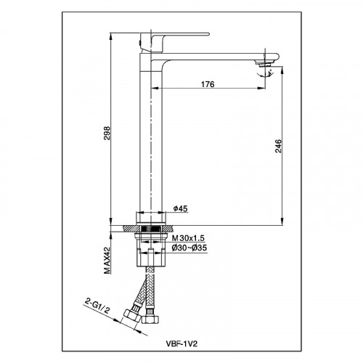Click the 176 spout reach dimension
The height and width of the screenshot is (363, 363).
(208, 84)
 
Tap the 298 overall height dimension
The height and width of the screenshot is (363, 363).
(107, 133)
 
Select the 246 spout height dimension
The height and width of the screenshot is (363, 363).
(278, 146)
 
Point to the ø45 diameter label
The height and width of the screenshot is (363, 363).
(181, 208)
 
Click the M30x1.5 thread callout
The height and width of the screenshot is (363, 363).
(188, 238)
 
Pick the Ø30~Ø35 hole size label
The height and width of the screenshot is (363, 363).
(189, 248)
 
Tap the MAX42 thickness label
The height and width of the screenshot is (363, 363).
(107, 261)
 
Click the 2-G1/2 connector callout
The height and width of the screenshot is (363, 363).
(97, 306)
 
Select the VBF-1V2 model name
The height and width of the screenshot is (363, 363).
(181, 343)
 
